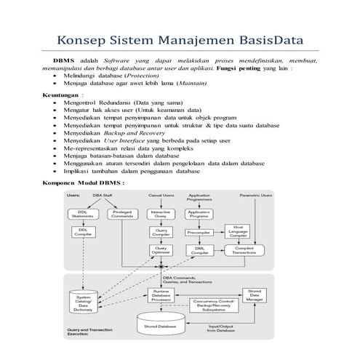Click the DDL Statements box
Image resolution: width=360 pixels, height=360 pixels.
[81, 214]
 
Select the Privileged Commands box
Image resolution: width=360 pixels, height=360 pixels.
[121, 214]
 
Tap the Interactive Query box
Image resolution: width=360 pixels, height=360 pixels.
[161, 214]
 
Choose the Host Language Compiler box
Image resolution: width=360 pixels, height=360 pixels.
[237, 232]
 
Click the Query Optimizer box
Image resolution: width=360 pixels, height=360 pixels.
[161, 250]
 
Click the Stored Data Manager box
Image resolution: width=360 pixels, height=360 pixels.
[255, 294]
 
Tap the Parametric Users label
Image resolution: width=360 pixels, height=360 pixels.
[256, 196]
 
